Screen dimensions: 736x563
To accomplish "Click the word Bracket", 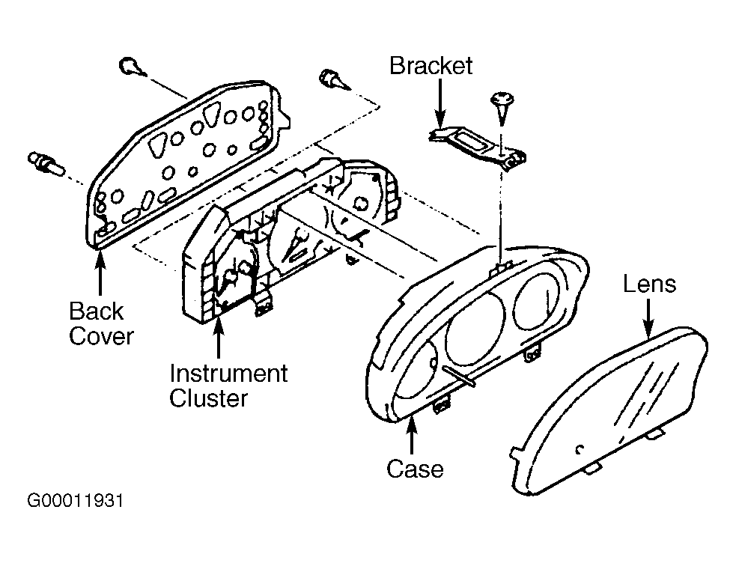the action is tap(431, 66).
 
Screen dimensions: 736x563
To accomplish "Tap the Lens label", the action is tap(649, 284).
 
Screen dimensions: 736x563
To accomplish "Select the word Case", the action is tap(415, 469).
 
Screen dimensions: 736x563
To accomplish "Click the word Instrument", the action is tap(228, 374).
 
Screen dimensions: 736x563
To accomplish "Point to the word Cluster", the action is tap(208, 399).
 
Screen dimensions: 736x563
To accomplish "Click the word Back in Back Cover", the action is tap(97, 311).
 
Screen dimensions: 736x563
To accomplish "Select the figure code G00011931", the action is tap(76, 501).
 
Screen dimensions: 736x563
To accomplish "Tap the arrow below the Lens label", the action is tap(648, 319).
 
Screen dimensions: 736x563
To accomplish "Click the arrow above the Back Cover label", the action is tap(100, 272).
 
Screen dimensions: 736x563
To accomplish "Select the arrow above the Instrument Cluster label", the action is tap(219, 337).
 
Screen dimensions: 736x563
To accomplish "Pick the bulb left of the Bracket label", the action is tap(334, 80).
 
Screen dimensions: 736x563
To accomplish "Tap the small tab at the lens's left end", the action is tap(515, 454).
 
